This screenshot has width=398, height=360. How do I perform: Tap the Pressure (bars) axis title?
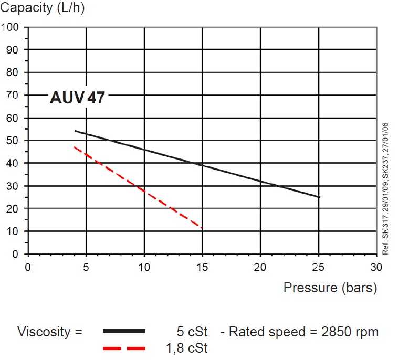pyautogui.click(x=330, y=288)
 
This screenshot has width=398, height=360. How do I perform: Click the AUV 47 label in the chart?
pyautogui.click(x=77, y=98)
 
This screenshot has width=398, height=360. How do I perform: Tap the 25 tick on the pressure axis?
pyautogui.click(x=319, y=268)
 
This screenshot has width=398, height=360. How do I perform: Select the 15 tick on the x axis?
pyautogui.click(x=203, y=268)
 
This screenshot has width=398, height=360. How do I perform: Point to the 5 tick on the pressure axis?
pyautogui.click(x=86, y=268)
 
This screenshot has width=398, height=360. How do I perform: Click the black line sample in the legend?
pyautogui.click(x=124, y=331)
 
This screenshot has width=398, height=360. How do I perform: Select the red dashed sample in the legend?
pyautogui.click(x=124, y=348)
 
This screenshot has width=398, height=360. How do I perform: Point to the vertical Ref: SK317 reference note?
pyautogui.click(x=386, y=189)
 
